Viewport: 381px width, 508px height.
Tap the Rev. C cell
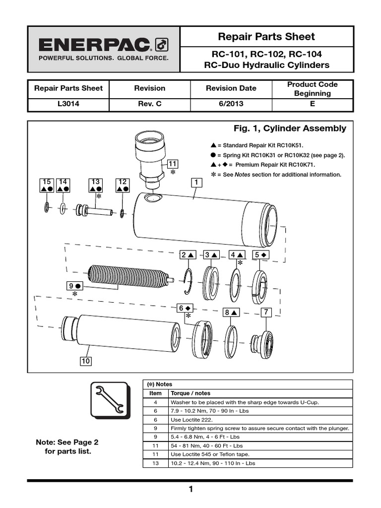click(149, 105)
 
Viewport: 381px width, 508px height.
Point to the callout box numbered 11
click(173, 164)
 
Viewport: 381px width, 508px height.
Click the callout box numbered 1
click(197, 183)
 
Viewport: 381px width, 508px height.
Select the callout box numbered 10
click(86, 361)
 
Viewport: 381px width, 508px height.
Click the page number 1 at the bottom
click(190, 490)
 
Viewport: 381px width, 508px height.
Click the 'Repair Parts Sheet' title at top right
click(266, 37)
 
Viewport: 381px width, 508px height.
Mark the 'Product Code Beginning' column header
click(312, 89)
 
